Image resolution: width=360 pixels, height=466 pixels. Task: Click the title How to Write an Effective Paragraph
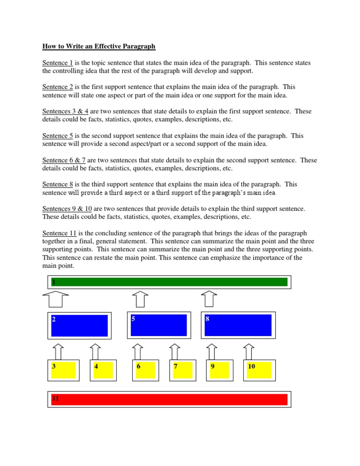[x=99, y=47]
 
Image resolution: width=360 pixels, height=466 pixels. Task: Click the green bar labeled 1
[x=170, y=282]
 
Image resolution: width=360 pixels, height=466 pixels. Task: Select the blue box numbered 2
[x=80, y=325]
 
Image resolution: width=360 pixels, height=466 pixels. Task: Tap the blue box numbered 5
[x=159, y=325]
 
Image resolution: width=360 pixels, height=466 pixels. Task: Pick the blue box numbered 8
[x=238, y=325]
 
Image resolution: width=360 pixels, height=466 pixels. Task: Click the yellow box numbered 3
[x=63, y=370]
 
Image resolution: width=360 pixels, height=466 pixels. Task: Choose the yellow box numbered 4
[x=103, y=370]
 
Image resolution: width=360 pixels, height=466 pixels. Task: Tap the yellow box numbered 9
[x=220, y=370]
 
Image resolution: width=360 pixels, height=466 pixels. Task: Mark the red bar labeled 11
[x=170, y=399]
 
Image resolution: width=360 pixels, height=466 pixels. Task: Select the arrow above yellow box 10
[x=249, y=351]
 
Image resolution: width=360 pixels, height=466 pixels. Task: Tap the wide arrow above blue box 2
[x=55, y=299]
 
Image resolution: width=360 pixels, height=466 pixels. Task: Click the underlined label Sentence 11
[x=60, y=233]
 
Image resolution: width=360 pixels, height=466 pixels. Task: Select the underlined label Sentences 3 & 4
[x=63, y=112]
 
